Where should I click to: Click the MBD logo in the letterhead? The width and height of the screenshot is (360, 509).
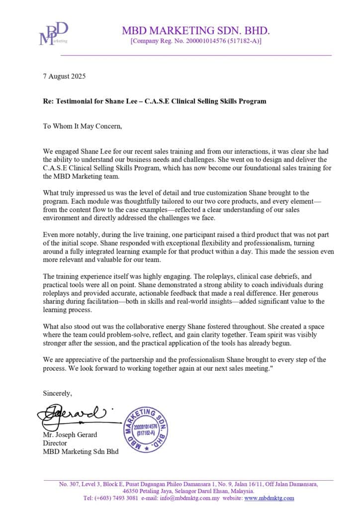click(53, 34)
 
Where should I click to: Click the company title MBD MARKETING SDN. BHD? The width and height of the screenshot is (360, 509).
click(196, 31)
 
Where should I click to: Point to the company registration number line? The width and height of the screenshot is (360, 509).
click(196, 41)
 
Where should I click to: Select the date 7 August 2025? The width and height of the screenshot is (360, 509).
click(64, 77)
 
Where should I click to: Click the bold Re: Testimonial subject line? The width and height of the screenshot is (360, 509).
click(154, 101)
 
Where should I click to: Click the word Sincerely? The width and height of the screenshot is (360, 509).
click(57, 393)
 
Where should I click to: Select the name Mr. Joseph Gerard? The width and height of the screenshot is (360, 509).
click(70, 434)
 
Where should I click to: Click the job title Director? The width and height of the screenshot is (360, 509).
click(55, 443)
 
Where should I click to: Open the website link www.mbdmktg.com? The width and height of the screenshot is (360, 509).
click(269, 498)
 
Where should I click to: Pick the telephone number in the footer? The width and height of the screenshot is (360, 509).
click(110, 498)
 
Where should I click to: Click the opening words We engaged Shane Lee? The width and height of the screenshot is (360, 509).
click(73, 151)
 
